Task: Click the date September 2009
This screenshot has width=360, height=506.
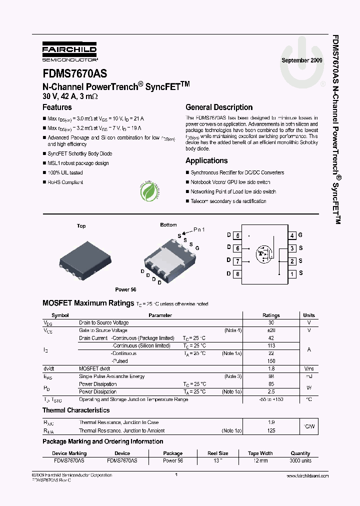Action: [302, 60]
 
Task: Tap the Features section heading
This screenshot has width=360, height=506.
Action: [57, 107]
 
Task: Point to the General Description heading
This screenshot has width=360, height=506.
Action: [219, 107]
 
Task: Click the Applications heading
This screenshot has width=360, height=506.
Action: [206, 160]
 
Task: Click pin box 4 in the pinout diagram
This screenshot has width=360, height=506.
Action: [292, 235]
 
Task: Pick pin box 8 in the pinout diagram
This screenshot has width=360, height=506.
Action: [237, 274]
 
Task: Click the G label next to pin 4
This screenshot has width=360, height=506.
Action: [300, 235]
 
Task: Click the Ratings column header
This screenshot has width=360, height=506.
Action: [271, 315]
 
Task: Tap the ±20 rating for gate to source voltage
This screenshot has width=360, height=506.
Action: [271, 330]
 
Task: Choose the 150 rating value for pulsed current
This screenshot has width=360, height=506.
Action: [271, 361]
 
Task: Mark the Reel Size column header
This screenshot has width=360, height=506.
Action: [217, 453]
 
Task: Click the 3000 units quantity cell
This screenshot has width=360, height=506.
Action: [300, 460]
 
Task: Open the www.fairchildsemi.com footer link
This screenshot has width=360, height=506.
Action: [307, 476]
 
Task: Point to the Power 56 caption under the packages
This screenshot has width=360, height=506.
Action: [125, 289]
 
